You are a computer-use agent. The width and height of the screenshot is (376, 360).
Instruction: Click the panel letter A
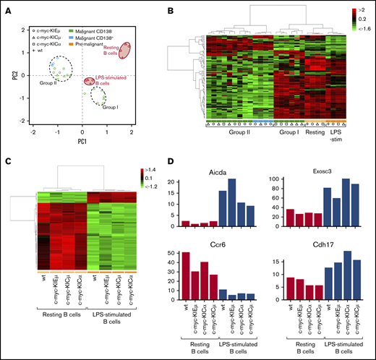point(7,10)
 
